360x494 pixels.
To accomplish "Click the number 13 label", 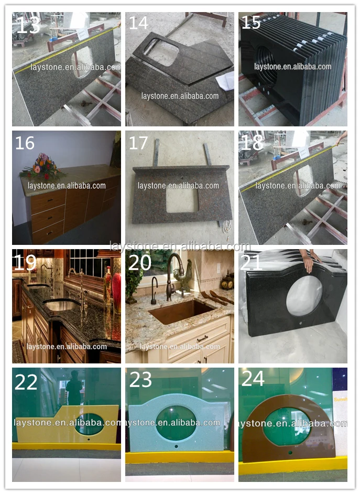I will tap(28, 24).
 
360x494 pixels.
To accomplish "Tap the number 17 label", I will tap(138, 143).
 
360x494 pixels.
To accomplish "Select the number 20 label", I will tap(139, 262).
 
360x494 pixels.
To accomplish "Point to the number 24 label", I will tap(253, 379).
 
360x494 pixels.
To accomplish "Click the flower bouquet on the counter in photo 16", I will tap(42, 166).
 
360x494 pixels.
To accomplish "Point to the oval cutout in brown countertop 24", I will tap(286, 426).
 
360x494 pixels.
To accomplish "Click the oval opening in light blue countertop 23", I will tap(177, 423).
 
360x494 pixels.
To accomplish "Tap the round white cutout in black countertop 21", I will tap(304, 295).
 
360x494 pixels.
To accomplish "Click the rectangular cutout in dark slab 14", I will tap(161, 51).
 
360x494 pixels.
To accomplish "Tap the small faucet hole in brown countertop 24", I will tap(290, 452).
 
